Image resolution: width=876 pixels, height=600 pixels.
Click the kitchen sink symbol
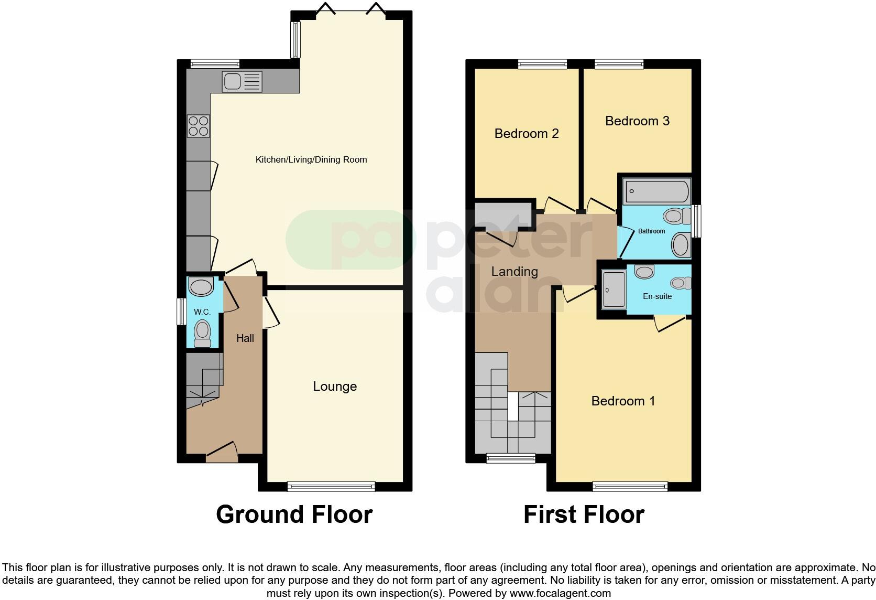click(242, 81)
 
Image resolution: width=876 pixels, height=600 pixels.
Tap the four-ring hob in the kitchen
click(199, 126)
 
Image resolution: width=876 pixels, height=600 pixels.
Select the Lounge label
click(335, 387)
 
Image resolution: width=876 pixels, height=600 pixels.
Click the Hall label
click(245, 338)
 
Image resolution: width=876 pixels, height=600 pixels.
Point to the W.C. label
click(202, 312)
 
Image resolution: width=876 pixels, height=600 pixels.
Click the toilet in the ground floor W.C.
click(202, 334)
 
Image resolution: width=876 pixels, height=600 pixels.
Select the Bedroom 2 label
click(527, 134)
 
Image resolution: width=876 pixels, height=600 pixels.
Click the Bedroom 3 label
click(637, 121)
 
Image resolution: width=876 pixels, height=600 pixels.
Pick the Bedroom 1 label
click(623, 401)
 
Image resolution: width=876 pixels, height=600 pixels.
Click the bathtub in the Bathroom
click(656, 191)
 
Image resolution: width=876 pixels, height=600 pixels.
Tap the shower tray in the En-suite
click(614, 288)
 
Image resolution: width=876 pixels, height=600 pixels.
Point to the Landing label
click(514, 272)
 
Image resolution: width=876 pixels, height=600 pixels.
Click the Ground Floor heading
click(294, 515)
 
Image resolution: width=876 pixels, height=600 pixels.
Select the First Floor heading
click(584, 515)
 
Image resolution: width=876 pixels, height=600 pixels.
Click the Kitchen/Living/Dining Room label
click(311, 159)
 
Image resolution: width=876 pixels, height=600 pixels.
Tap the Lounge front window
click(331, 486)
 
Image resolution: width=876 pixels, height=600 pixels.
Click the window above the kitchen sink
click(215, 64)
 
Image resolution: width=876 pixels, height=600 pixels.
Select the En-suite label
click(657, 296)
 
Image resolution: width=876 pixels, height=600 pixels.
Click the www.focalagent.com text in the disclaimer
click(560, 594)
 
